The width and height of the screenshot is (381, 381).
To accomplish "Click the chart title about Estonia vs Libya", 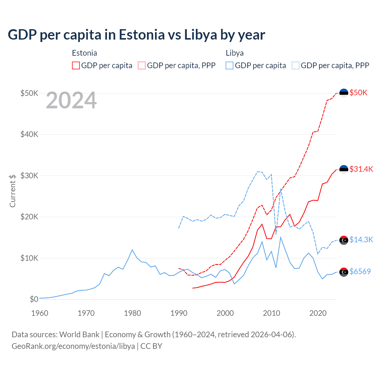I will tap(136, 35).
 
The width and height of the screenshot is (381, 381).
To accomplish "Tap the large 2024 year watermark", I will tap(71, 100).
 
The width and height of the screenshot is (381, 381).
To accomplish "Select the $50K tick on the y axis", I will tap(29, 93).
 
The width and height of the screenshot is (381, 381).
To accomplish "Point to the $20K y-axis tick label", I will tap(29, 217).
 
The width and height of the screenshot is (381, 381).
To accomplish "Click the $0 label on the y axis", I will tap(34, 299).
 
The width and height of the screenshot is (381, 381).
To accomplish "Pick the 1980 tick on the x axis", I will tap(132, 313).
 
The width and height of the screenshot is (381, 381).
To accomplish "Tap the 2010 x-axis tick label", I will tap(271, 313).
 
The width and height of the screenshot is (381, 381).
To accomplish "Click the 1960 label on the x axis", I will tap(40, 313).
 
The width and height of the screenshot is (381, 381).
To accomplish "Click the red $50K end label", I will tap(358, 93).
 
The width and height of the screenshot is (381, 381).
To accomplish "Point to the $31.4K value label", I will tap(361, 169).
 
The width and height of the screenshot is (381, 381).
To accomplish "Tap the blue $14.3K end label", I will tap(361, 240).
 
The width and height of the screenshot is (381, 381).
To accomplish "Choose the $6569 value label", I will tap(360, 271).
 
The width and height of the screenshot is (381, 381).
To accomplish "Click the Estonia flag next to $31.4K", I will tap(344, 169).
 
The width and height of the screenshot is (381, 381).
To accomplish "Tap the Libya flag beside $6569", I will tap(344, 272).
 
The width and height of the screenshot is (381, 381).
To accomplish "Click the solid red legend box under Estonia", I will tap(76, 65).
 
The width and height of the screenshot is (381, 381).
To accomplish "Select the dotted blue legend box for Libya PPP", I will tap(296, 65).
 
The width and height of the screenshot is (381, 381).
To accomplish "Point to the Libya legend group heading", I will tap(235, 53).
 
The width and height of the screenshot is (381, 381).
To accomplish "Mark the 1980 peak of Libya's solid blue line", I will tap(132, 250).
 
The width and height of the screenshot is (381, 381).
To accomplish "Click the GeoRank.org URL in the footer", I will tap(73, 346).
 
